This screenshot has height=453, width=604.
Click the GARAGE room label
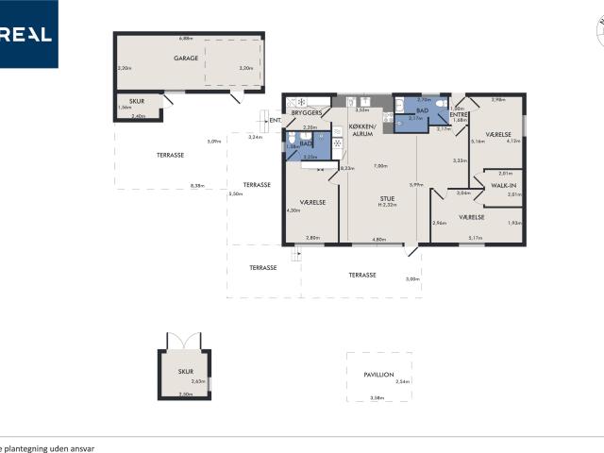[x=185, y=58]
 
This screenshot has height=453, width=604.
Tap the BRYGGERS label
[x=307, y=112]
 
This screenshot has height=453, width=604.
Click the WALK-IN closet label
[x=503, y=185]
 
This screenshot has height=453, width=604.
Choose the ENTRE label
[x=460, y=114]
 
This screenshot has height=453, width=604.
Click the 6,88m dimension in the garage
[x=186, y=39]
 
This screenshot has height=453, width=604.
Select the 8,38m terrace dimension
[x=197, y=186]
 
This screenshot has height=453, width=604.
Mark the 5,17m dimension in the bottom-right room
[x=476, y=239]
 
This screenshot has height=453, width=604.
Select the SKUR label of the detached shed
[x=185, y=372]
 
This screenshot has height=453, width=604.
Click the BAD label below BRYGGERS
[x=306, y=143]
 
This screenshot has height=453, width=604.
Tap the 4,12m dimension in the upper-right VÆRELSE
[x=513, y=142]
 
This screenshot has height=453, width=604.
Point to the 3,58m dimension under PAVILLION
[x=377, y=398]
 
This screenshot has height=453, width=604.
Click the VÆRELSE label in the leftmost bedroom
[x=312, y=202]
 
